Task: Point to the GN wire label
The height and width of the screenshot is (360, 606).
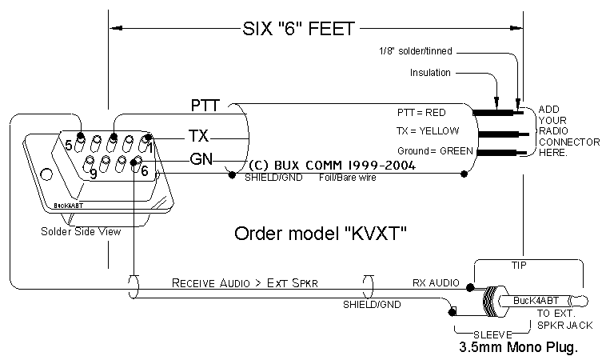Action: point(201,158)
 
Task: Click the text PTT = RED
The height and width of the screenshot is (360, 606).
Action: point(421,112)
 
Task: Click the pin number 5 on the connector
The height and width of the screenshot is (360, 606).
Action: point(69,146)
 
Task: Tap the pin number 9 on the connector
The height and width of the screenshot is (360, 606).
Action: point(94,173)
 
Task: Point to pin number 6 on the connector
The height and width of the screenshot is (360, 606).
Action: point(144,170)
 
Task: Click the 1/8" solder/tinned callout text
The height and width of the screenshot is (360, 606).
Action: point(416,51)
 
